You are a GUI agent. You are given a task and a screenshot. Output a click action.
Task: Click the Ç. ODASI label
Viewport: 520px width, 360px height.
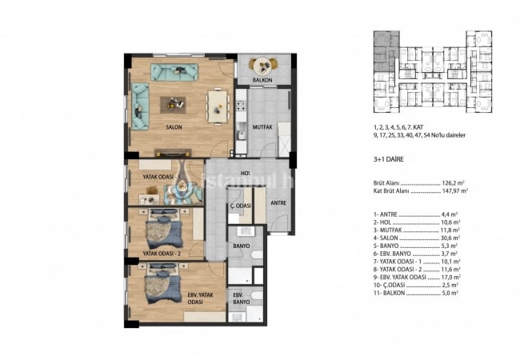point(240,206)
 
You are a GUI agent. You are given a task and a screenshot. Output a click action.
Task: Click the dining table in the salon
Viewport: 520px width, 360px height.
point(218,104)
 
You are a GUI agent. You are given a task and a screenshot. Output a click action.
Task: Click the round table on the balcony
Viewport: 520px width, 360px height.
point(262,66)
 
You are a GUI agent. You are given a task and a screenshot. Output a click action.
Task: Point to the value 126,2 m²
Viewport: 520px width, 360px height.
point(459,182)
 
